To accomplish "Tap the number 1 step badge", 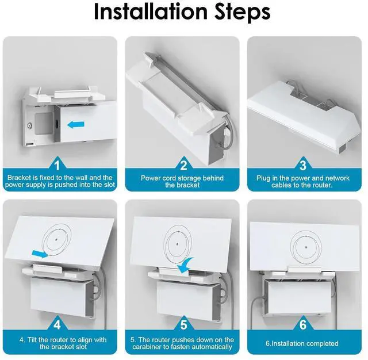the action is click(61, 164).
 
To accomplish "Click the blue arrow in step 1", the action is click(76, 124).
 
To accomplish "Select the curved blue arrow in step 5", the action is click(186, 265).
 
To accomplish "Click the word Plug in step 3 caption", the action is click(263, 178).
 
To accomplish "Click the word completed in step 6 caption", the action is click(322, 343).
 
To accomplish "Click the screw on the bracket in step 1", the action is click(26, 125).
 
